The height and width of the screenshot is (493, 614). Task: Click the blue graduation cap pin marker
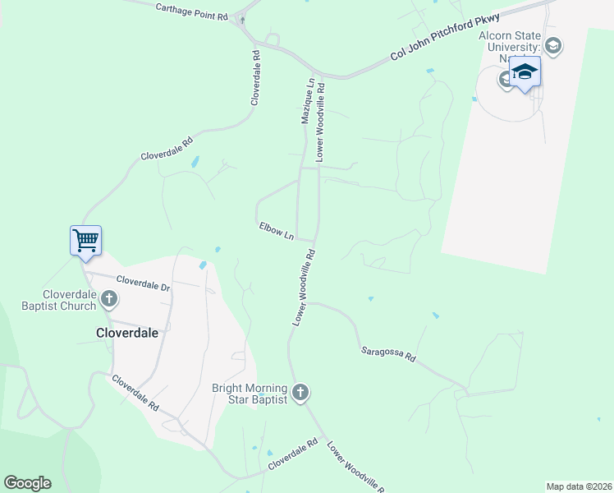click(x=525, y=73)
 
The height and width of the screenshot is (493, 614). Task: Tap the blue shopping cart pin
click(x=85, y=241)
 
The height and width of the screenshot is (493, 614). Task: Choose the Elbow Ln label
click(x=277, y=230)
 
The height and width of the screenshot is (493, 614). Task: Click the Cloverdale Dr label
click(x=143, y=283)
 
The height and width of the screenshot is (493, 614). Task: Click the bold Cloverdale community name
click(x=126, y=334)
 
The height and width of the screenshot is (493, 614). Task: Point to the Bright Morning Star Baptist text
click(x=249, y=394)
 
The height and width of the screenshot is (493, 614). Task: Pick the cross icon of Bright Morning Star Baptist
click(x=300, y=393)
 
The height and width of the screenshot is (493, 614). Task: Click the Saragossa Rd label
click(x=389, y=354)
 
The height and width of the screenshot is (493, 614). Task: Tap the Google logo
click(x=27, y=483)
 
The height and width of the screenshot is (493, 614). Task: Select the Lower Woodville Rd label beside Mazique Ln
click(x=321, y=120)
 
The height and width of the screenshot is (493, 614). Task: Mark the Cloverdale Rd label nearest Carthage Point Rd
click(x=255, y=77)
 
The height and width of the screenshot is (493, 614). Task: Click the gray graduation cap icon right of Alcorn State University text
click(x=554, y=45)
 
